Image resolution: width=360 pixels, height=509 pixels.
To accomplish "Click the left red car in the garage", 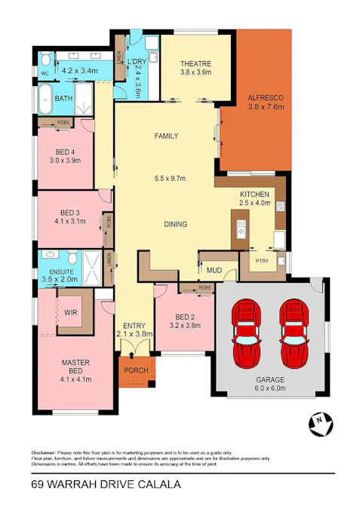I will click(x=246, y=332).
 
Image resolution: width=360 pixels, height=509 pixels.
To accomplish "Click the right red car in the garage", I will click(x=294, y=332).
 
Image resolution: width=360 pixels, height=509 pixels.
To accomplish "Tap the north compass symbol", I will click(x=321, y=425).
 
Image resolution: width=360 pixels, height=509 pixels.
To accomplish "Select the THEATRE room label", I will click(x=195, y=64).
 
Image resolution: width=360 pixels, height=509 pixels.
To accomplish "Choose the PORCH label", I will click(x=137, y=369).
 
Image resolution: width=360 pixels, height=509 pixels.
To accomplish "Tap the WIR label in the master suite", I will click(x=72, y=311).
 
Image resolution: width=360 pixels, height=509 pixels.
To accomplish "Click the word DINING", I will click(x=175, y=224).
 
